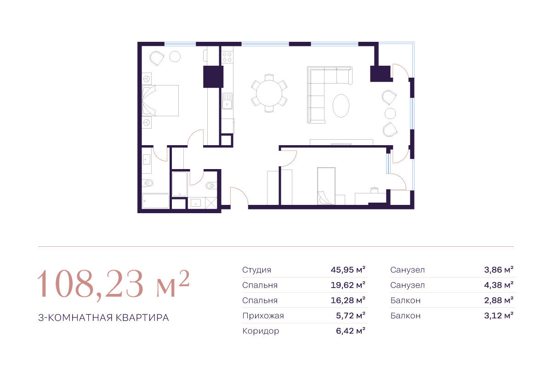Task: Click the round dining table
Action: coord(269,93)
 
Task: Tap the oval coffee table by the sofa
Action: coord(341,106)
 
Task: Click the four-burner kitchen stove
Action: coord(227,57)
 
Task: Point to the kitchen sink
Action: coord(227,101)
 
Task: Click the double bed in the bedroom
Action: coord(160,101)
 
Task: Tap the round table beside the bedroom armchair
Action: coord(175,57)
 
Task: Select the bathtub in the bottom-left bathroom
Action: coord(156,201)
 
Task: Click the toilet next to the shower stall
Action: coord(210,185)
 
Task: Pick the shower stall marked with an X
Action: coord(211,203)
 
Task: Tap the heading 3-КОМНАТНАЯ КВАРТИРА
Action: coord(103,318)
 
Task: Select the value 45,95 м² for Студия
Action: coord(348,270)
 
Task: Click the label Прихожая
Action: coord(263,316)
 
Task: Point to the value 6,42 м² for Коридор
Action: coord(350,331)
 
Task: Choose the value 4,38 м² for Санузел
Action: coord(499,285)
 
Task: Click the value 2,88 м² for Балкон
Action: coord(499,300)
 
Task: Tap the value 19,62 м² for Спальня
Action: coord(348,285)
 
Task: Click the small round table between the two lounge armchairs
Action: coord(390,113)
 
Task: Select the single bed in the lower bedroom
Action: coord(326,186)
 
